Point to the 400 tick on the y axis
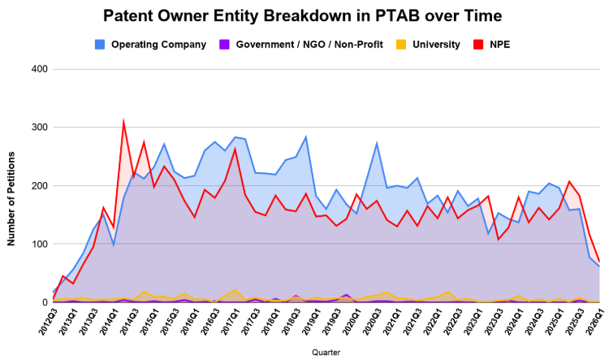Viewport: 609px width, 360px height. pos(39,69)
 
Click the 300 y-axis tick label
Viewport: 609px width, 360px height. pos(39,128)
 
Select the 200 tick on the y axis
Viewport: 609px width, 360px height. pos(39,186)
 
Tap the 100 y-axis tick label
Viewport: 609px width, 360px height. pos(39,244)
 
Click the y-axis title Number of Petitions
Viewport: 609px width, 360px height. pos(12,186)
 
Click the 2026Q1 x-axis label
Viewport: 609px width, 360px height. pos(594,319)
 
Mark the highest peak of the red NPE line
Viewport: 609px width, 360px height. pos(123,122)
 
